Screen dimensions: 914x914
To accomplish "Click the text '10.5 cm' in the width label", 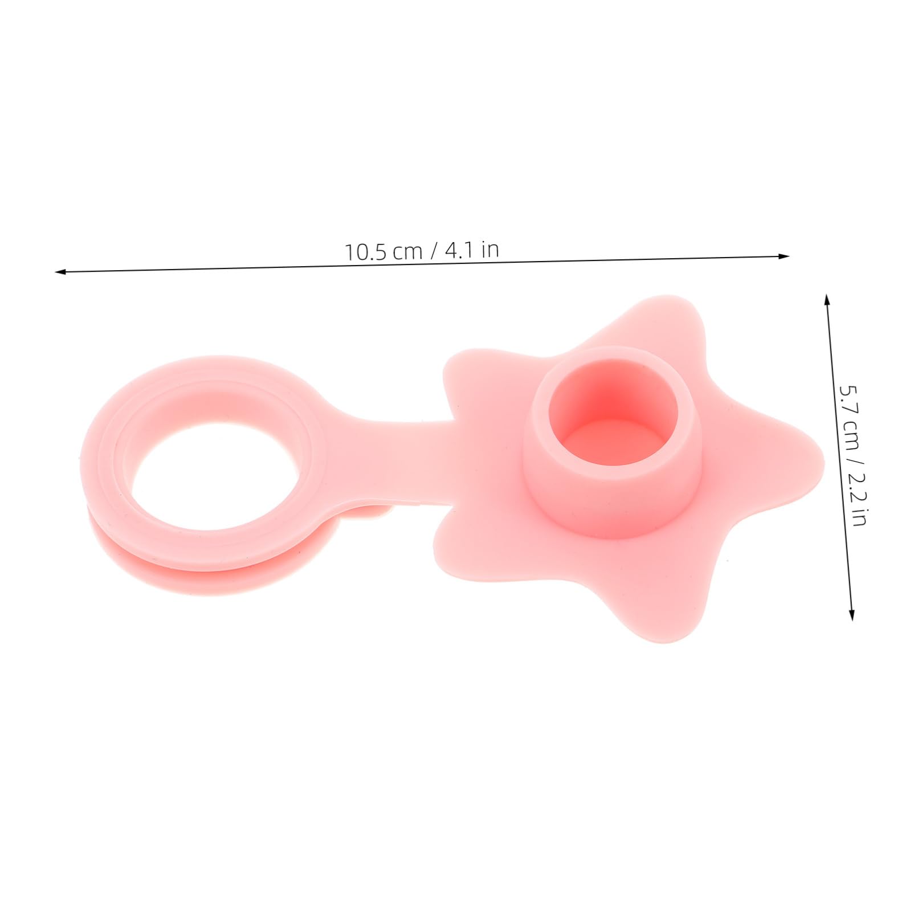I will coord(383,251).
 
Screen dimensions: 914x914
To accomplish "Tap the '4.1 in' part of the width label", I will coord(472,249).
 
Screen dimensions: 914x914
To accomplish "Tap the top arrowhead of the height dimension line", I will coord(827,299).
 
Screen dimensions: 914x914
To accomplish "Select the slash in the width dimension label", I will coord(434,250).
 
